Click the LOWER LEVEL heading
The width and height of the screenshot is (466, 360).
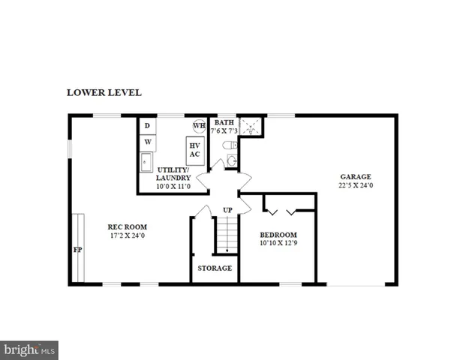point(104,93)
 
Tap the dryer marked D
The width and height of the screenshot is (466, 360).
point(147,125)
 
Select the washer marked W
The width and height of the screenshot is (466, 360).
point(147,141)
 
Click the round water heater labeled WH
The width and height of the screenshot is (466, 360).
point(200,125)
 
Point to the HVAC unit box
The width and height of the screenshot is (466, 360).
point(194,149)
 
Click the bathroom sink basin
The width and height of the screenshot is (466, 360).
point(232,160)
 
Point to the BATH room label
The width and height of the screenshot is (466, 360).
point(224,122)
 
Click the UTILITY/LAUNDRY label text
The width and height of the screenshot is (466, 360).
point(173,174)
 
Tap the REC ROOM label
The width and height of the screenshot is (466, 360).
point(127,226)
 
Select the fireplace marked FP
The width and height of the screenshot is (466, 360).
point(77,248)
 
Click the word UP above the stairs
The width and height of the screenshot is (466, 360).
point(227,209)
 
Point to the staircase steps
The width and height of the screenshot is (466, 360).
point(227,234)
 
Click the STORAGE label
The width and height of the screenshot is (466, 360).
point(215,268)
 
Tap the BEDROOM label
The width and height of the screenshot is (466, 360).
point(278,234)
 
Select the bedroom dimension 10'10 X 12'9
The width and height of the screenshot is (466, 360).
point(278,243)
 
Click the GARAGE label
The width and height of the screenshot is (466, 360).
point(356,177)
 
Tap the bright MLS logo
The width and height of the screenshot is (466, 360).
point(29,349)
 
